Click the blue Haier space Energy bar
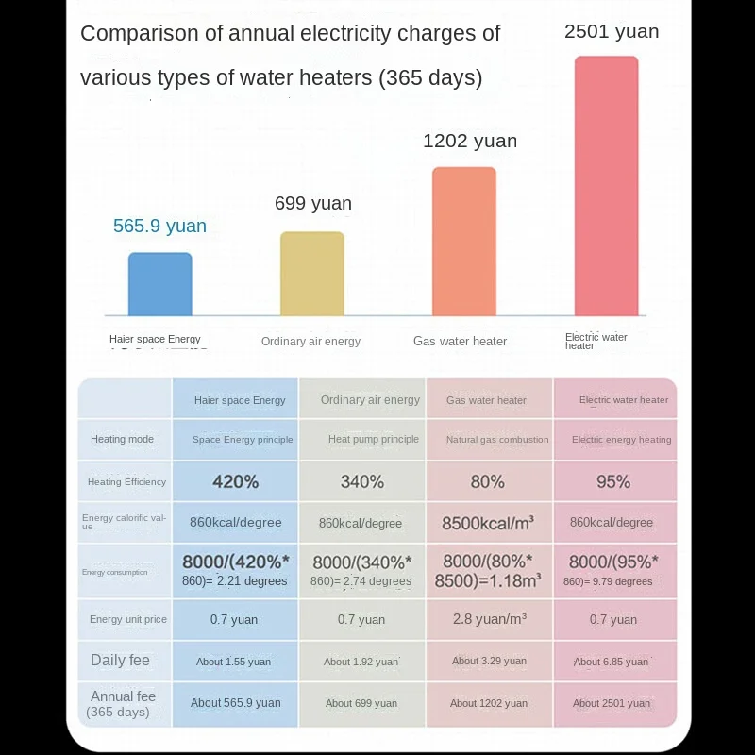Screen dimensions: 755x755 [160, 284]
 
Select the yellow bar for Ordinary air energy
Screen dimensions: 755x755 [312, 274]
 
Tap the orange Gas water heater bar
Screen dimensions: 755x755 [464, 242]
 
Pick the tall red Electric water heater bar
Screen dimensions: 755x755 [607, 186]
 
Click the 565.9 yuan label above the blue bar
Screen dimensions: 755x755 [159, 226]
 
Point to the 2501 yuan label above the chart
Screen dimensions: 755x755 [612, 31]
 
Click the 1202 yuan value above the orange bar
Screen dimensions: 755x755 [470, 141]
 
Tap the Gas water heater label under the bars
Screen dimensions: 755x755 [460, 341]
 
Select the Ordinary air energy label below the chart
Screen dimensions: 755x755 [310, 341]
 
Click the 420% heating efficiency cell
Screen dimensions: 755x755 [235, 481]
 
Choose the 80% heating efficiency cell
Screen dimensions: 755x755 [487, 481]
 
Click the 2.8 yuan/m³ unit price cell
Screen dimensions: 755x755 [488, 619]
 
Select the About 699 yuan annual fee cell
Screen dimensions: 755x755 [361, 703]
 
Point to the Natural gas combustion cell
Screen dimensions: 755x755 [496, 439]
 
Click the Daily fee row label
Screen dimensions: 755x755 [120, 661]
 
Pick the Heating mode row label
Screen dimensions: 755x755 [122, 439]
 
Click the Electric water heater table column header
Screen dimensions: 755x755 [624, 400]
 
